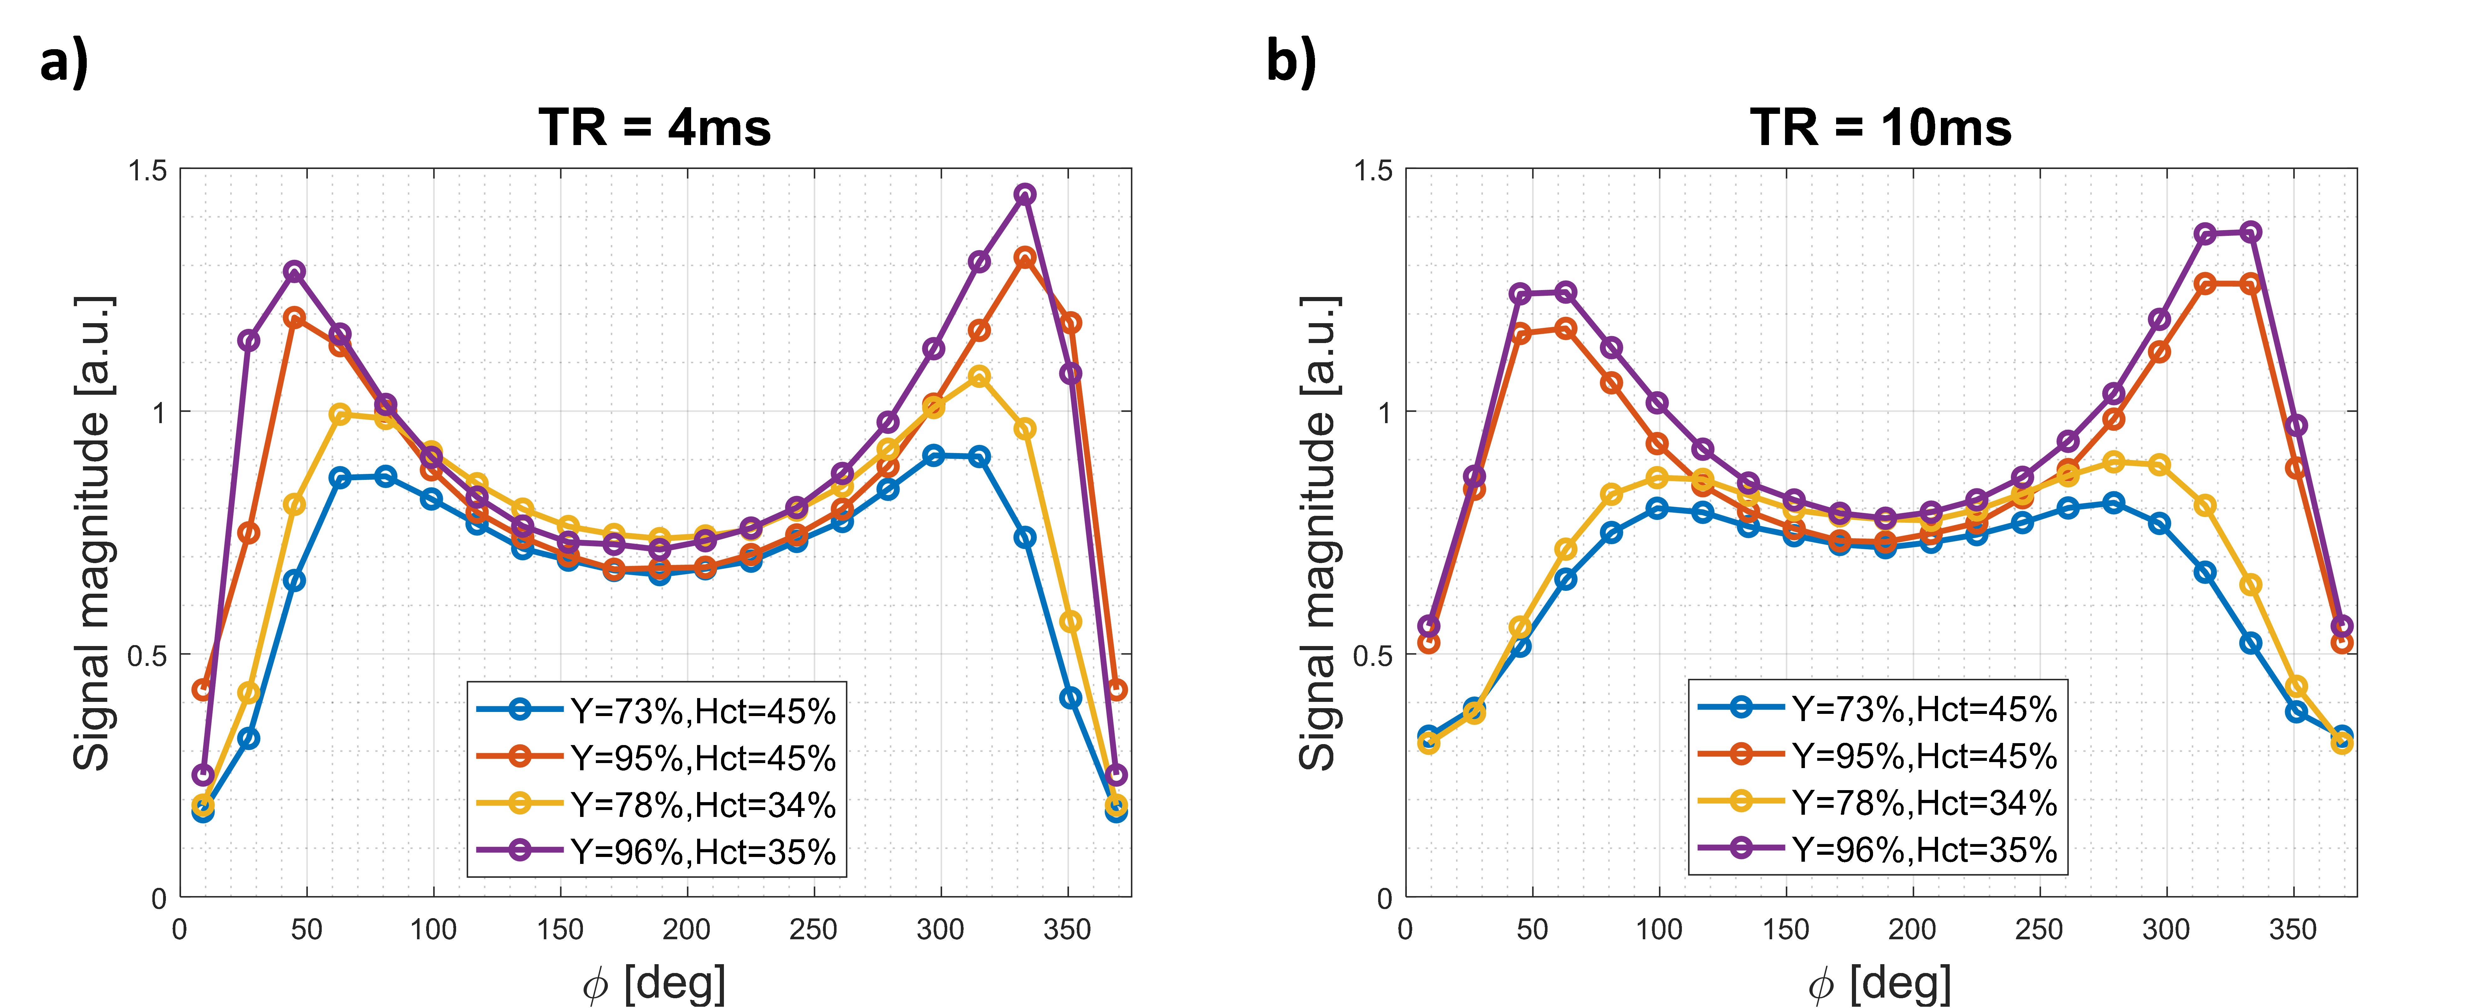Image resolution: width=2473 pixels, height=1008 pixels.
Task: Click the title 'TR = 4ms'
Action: [655, 128]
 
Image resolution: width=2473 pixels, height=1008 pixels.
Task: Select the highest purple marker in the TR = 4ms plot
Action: [1025, 194]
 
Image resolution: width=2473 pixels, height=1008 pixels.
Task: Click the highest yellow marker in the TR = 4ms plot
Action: [979, 376]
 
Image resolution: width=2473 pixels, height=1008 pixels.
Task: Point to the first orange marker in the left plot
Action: [202, 689]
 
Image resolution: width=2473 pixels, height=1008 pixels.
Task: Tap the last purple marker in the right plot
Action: [2341, 626]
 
